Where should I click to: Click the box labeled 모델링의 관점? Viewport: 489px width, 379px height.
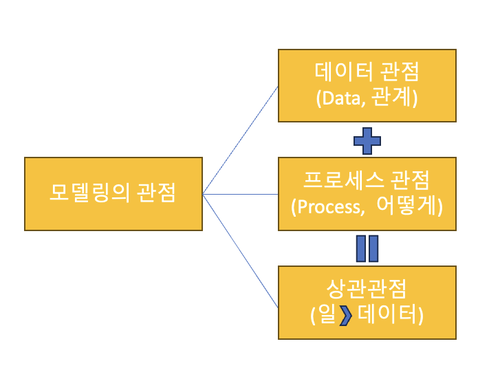[113, 194]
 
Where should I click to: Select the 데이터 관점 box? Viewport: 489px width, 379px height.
[367, 85]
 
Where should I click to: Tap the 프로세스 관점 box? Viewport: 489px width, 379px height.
[367, 194]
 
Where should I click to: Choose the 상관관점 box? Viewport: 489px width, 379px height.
[367, 302]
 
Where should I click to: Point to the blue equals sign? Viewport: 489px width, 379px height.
[367, 248]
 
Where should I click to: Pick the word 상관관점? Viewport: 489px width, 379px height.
[367, 288]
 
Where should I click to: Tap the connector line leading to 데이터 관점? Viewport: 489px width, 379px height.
[241, 139]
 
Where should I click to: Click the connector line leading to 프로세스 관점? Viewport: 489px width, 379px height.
[241, 195]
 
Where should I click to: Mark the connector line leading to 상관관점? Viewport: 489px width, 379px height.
[241, 251]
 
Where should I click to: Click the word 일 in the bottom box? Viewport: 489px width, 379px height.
[327, 316]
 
